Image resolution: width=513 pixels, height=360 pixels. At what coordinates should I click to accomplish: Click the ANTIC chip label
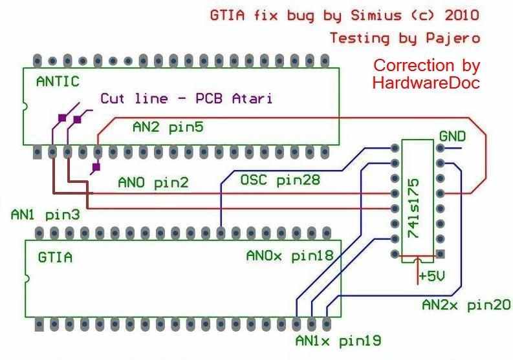[x=58, y=81]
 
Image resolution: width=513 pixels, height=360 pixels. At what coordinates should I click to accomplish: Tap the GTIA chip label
[x=55, y=257]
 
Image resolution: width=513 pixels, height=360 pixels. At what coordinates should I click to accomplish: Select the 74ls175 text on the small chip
[x=414, y=208]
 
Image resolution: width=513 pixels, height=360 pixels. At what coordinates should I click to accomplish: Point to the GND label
[x=452, y=136]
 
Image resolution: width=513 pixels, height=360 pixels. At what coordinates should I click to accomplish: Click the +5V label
[x=432, y=276]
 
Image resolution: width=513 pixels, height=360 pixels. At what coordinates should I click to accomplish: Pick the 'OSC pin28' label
[x=280, y=180]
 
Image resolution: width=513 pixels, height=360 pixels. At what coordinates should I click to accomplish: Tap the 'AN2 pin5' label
[x=168, y=127]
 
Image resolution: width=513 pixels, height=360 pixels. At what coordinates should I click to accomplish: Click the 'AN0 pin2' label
[x=153, y=182]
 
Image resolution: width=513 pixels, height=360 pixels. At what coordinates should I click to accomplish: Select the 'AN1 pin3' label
[x=45, y=215]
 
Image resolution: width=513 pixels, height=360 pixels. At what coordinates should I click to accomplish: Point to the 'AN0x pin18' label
[x=290, y=255]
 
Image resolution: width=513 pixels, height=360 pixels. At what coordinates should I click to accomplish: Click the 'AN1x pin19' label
[x=338, y=341]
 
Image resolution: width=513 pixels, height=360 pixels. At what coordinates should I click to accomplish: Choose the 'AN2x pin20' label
[x=466, y=305]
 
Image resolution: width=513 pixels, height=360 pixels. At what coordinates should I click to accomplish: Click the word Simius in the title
[x=376, y=15]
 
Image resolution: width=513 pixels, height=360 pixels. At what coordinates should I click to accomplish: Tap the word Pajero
[x=453, y=38]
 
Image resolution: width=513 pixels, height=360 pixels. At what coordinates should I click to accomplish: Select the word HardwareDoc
[x=426, y=83]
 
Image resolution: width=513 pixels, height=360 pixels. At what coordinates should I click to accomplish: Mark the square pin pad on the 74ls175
[x=441, y=253]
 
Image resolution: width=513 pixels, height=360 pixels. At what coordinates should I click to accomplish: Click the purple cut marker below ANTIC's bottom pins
[x=96, y=167]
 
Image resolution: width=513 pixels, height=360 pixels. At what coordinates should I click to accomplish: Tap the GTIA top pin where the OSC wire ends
[x=221, y=233]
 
